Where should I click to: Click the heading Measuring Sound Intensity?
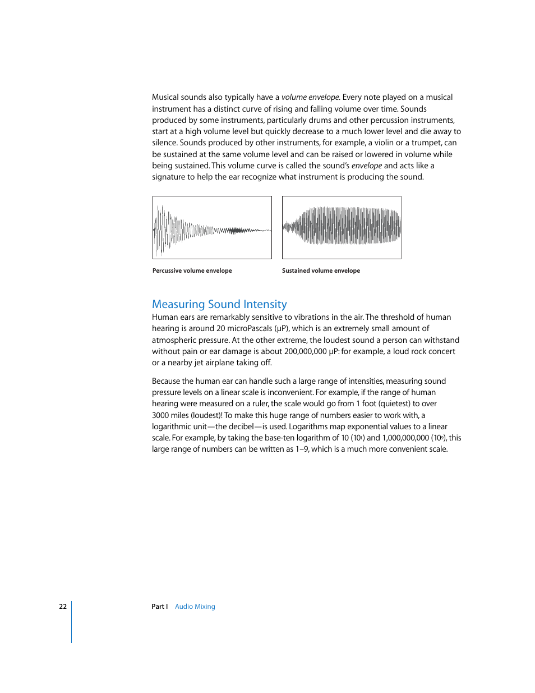tap(219, 304)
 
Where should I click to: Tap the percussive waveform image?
tap(212, 227)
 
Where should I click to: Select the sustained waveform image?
tap(342, 227)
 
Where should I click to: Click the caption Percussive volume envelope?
tap(192, 270)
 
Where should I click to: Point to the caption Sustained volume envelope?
tap(321, 270)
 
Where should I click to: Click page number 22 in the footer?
tap(63, 607)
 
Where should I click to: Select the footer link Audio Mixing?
tap(195, 607)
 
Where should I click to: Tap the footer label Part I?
tap(159, 607)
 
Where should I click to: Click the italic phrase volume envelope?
tap(310, 97)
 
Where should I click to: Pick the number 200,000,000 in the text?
tap(305, 351)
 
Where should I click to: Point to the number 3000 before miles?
tap(161, 415)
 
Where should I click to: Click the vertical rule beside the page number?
tap(72, 622)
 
